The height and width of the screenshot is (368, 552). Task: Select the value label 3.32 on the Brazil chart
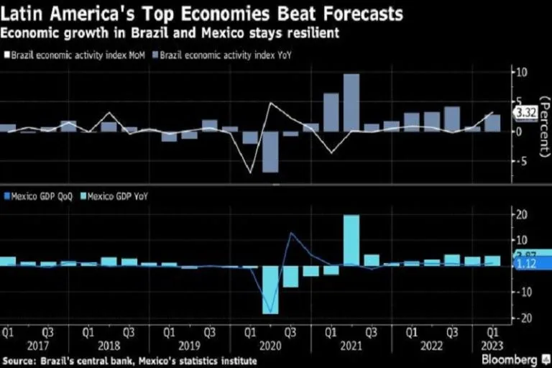[523, 112]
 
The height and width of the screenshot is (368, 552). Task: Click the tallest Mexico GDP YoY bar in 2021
[351, 240]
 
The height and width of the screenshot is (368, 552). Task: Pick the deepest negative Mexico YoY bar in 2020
[270, 290]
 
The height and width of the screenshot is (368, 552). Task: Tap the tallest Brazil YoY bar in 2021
[351, 103]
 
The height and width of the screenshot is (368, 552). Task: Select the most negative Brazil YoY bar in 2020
[270, 152]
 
